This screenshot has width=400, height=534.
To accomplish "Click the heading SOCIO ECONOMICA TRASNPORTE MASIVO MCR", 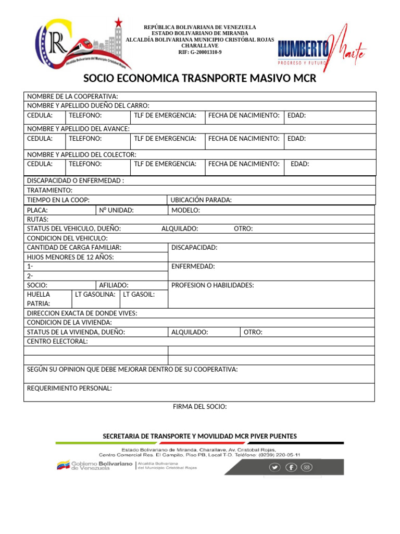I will pos(200,79).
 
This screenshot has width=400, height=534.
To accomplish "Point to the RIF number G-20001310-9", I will pos(200,52).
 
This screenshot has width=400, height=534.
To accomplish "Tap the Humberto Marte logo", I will pos(322,48).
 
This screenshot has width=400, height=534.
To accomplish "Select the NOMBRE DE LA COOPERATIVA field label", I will pos(72,96).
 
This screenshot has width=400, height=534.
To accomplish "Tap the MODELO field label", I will pos(185,210).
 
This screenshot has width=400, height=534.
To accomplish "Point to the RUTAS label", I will pos(37,220).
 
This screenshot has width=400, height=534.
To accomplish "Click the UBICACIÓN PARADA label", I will pos(202,200).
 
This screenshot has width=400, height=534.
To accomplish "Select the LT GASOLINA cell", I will pos(95,295).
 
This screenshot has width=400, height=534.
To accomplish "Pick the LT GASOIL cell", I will pos(139,295).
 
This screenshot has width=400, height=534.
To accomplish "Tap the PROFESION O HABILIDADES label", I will pos(213,285).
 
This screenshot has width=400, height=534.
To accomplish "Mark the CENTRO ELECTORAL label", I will pos(57,342).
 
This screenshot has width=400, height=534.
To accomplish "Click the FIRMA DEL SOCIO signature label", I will pos(200,406).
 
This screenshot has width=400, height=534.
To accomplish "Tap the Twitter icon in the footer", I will pos(274,467).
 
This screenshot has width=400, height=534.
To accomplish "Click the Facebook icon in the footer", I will pos(291,467).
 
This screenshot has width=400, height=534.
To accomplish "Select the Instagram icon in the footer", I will pos(307,467).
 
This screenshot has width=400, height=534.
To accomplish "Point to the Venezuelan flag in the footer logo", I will pos(63,465).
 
